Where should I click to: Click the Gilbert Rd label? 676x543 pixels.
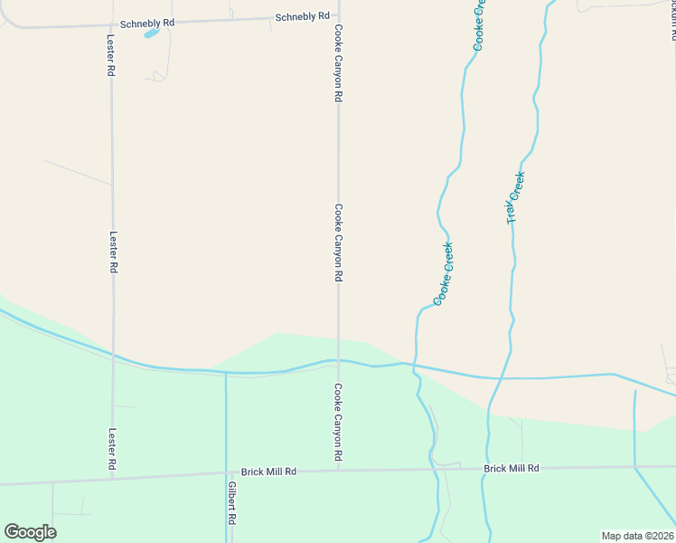[x=232, y=503]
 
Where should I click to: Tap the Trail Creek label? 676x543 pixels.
[x=515, y=197]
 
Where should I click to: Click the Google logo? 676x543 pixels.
[x=30, y=532]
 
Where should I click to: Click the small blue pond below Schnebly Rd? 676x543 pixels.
[x=151, y=33]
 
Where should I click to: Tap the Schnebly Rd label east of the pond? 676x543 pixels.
[x=302, y=16]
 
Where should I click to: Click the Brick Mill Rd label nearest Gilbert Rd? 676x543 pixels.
[x=268, y=472]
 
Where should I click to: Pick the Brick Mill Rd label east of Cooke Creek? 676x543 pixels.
[x=512, y=468]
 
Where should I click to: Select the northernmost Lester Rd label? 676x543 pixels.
[x=112, y=60]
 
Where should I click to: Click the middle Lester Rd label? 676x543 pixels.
[x=114, y=251]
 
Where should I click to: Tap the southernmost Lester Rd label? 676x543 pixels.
[x=113, y=448]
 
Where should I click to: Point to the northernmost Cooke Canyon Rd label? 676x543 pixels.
[x=339, y=63]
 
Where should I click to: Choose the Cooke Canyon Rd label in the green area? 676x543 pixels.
[x=338, y=425]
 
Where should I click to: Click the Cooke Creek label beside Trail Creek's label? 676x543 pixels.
[x=443, y=273]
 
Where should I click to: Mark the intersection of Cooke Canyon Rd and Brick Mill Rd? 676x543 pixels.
[x=339, y=471]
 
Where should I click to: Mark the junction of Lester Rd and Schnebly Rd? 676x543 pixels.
[x=110, y=24]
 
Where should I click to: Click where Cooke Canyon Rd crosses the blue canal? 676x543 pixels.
[x=339, y=360]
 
